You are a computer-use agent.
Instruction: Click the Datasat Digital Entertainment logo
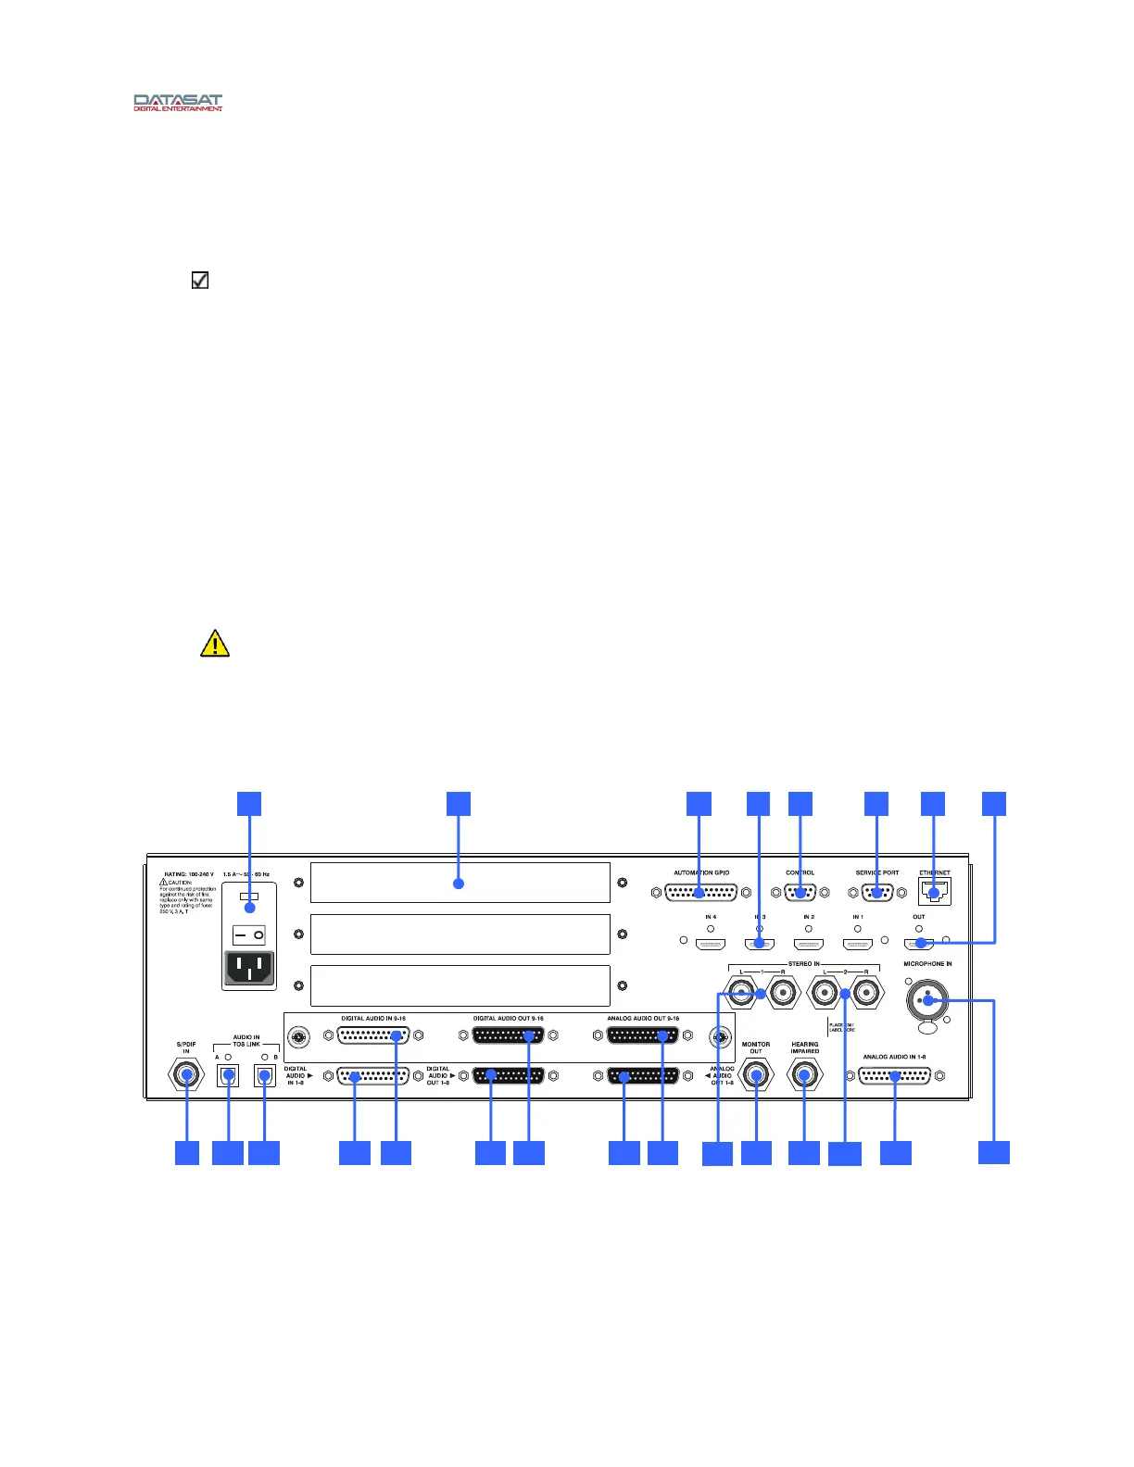[178, 102]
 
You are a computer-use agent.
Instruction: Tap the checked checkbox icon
[200, 280]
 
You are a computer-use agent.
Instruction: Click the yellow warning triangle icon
[215, 644]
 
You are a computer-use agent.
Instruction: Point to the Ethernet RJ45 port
[934, 892]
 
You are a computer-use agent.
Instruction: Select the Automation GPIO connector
[701, 893]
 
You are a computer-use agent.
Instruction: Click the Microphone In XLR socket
[927, 1000]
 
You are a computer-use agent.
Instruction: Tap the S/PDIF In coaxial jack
[186, 1075]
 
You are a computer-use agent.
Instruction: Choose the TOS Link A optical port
[228, 1076]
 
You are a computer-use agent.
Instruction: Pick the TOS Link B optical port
[265, 1076]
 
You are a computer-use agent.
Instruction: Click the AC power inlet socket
[249, 969]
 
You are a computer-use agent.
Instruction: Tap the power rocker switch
[249, 935]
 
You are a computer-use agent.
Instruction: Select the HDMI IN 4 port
[711, 945]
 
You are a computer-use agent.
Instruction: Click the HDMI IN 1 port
[858, 945]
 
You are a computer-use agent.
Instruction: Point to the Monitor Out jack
[757, 1075]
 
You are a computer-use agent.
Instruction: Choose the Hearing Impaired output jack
[804, 1075]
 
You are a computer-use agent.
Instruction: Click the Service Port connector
[876, 893]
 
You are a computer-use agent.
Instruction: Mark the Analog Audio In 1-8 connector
[895, 1076]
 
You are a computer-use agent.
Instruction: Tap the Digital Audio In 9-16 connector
[373, 1036]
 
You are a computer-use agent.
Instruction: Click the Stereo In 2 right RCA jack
[867, 995]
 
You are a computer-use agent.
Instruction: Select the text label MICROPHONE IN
[927, 964]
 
